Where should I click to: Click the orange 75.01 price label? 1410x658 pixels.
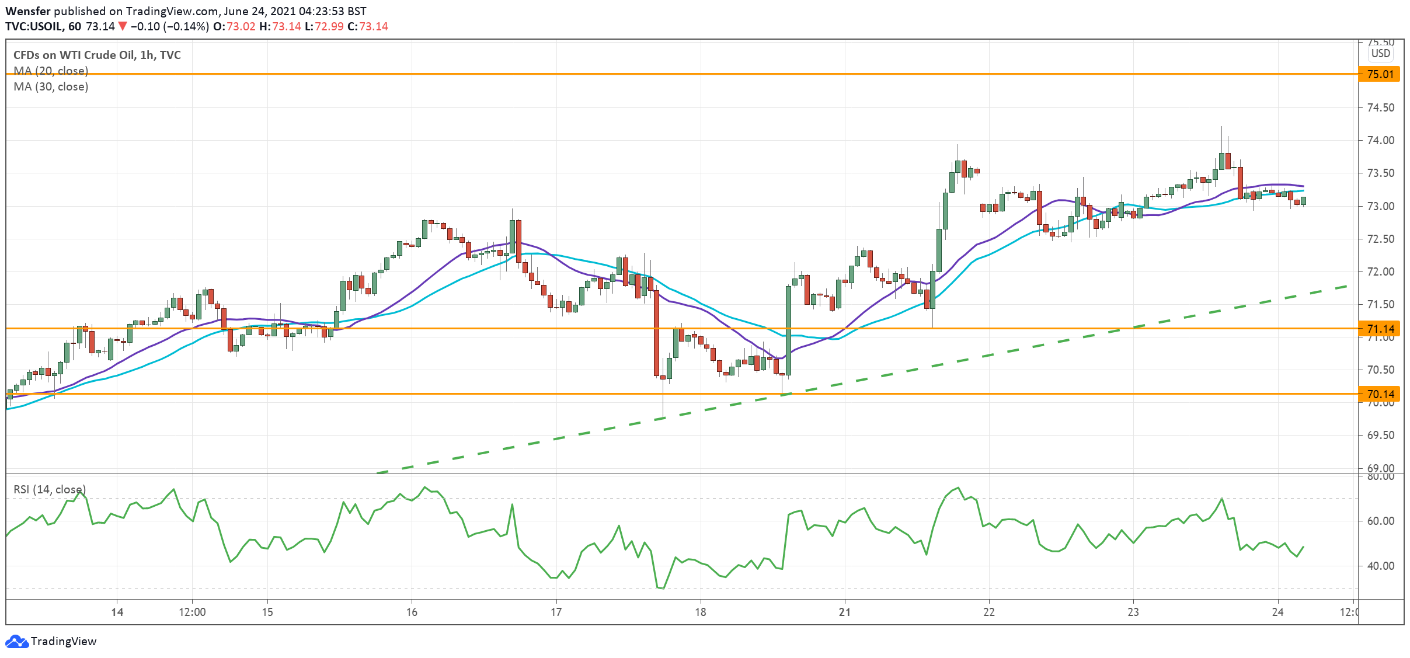(1380, 74)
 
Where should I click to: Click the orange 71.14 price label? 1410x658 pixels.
(1380, 329)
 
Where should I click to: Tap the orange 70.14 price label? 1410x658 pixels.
(1380, 394)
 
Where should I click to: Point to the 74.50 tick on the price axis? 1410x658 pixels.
(1380, 107)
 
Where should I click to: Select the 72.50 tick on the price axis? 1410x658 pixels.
(1380, 239)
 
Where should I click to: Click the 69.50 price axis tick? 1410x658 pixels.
(1380, 435)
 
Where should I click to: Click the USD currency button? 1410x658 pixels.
(1381, 53)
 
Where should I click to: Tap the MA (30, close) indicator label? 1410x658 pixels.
(51, 86)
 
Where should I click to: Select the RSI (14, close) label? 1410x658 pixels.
(50, 489)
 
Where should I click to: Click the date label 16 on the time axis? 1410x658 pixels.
(412, 612)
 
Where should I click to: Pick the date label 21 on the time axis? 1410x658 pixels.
(844, 612)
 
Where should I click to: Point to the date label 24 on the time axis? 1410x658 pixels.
(1277, 612)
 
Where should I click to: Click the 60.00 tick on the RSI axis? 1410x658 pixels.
(1380, 521)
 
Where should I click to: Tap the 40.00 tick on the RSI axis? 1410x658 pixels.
(1380, 566)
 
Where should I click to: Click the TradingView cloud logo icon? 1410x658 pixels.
(16, 641)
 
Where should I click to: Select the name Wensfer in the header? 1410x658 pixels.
(27, 11)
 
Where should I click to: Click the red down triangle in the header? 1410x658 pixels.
(122, 26)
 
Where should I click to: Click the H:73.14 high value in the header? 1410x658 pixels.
(280, 26)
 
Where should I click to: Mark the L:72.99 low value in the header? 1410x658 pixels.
(324, 26)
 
